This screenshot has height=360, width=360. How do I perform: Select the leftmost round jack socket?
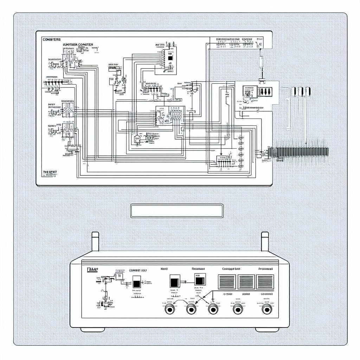click(x=170, y=309)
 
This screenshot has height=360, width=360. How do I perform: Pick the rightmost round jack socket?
click(x=267, y=309)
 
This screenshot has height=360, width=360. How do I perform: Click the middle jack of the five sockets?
click(x=213, y=309)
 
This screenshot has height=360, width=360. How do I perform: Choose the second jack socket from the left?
click(x=191, y=309)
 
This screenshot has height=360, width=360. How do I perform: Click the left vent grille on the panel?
click(x=227, y=282)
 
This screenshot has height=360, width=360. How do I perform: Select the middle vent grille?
click(x=246, y=282)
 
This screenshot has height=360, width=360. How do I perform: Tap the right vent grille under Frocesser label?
click(x=265, y=282)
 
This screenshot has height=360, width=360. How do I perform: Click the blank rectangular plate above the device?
click(x=176, y=211)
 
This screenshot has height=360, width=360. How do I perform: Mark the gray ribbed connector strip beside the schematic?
click(x=299, y=152)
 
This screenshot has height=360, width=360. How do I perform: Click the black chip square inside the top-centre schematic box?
click(x=171, y=58)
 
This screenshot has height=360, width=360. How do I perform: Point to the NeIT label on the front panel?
click(x=164, y=269)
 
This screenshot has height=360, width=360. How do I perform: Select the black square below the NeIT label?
click(x=174, y=282)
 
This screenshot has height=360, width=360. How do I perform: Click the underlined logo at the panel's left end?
click(x=92, y=270)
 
